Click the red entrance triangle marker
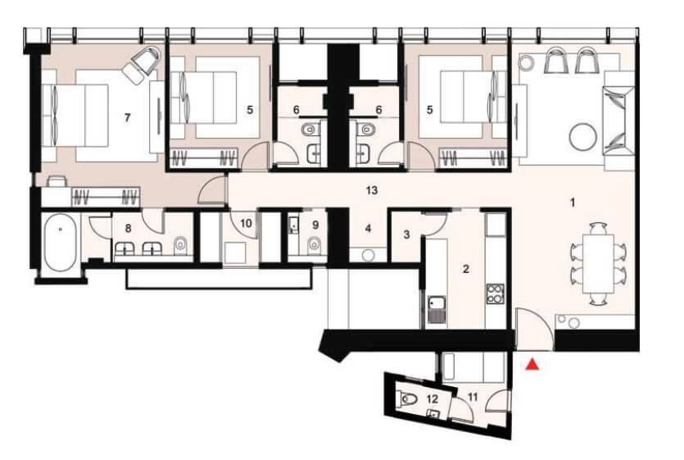point(532,364)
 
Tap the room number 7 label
point(127,117)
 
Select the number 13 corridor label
point(372,190)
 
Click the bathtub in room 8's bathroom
point(61,243)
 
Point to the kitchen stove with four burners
point(495,294)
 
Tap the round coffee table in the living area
point(582,136)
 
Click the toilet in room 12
point(406,399)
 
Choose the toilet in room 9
point(314,245)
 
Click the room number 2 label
point(465,269)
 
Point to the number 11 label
point(473,397)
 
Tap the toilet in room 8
point(180,246)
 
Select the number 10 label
point(246,223)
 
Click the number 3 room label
point(406,235)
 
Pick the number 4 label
point(368,229)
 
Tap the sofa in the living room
point(618,121)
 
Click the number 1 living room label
point(573,203)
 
